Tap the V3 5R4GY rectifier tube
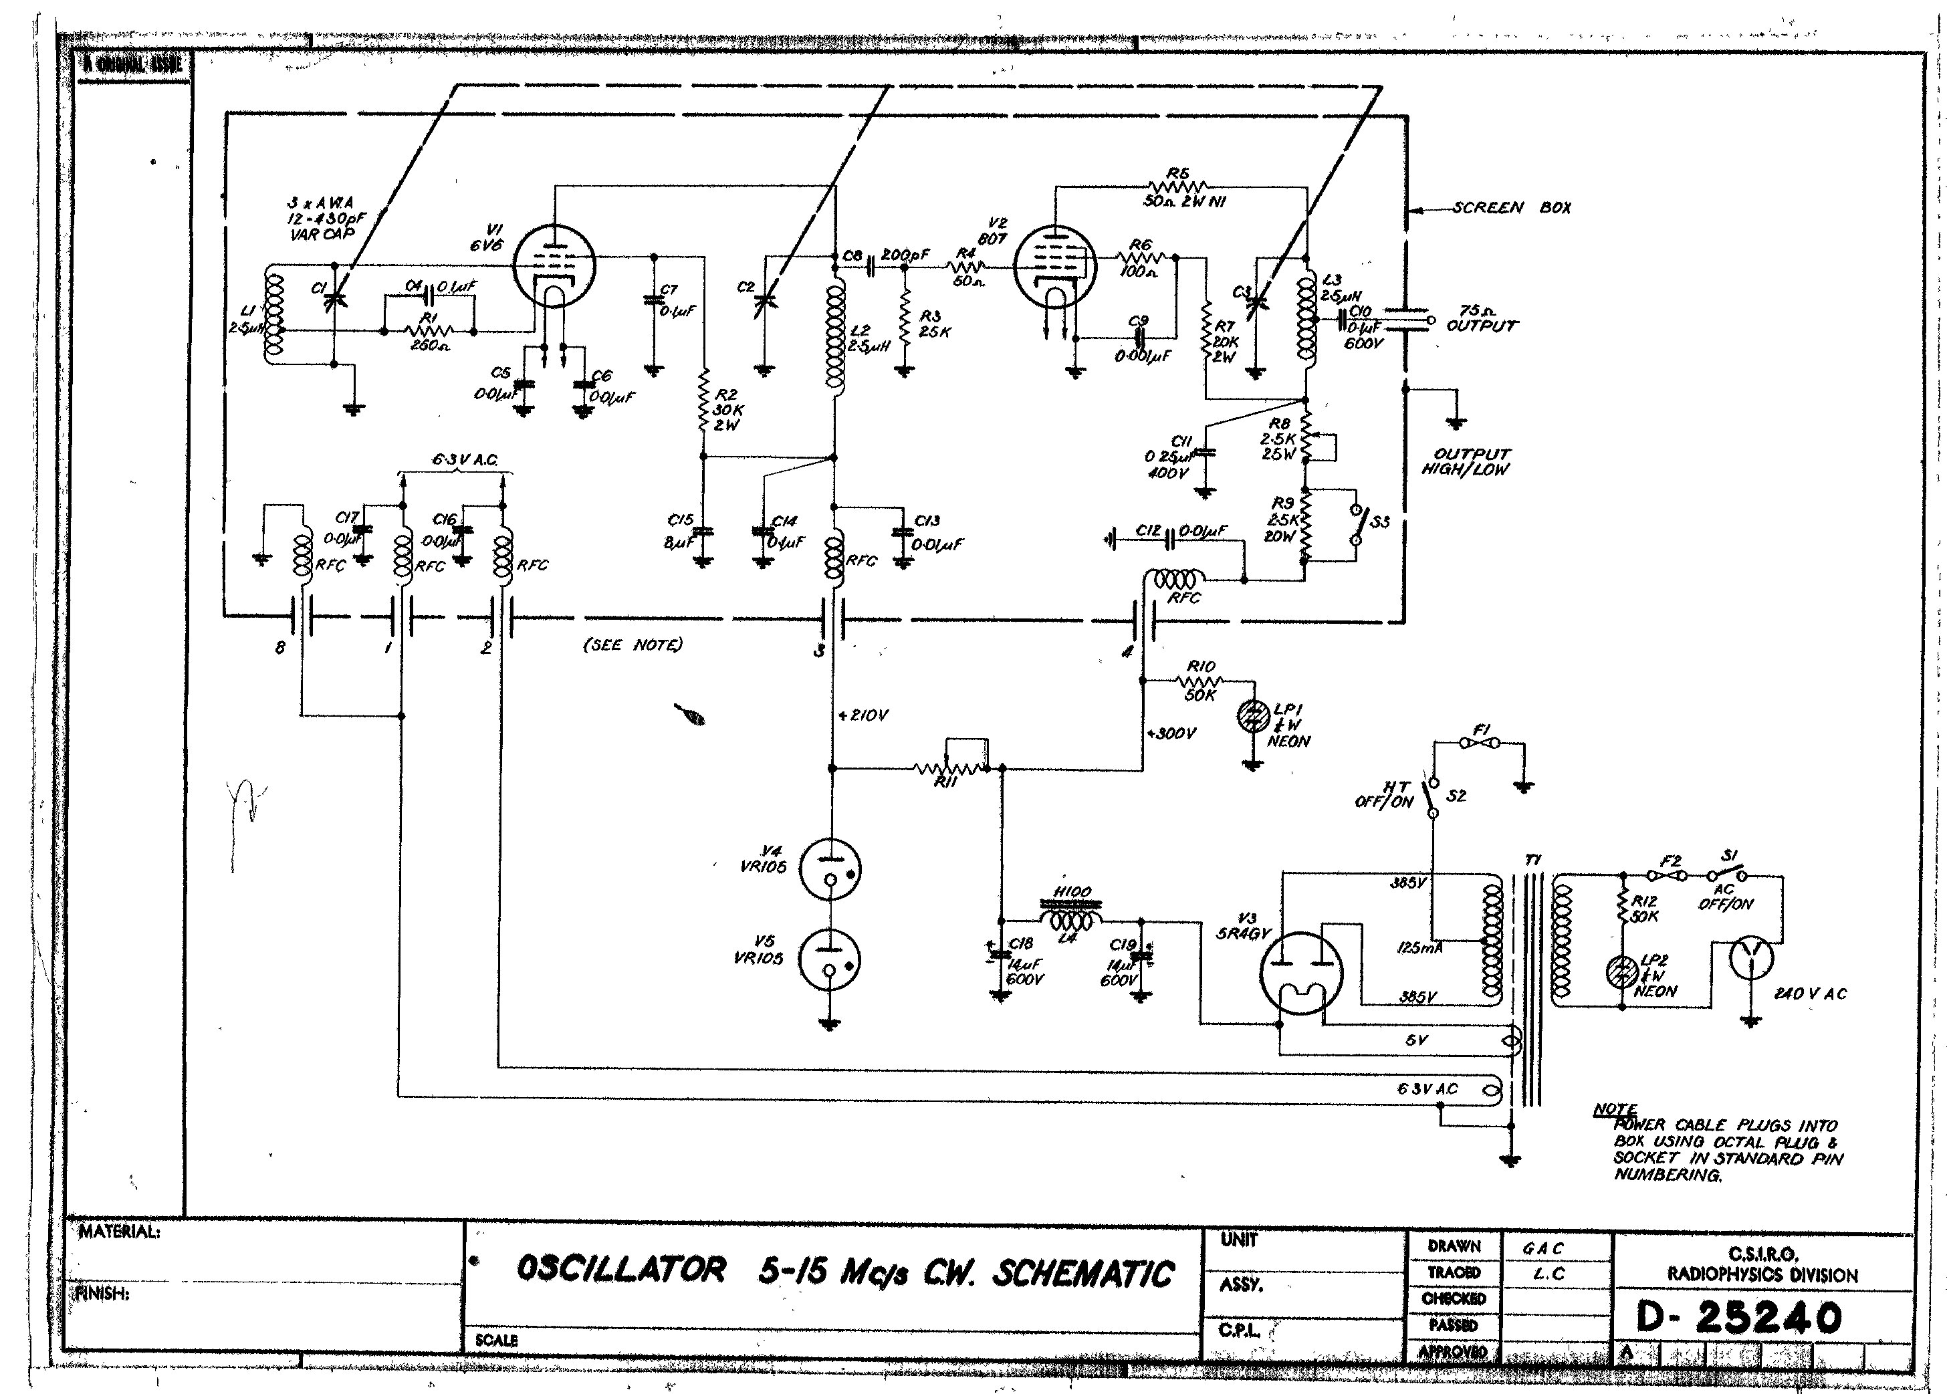(x=1300, y=973)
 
